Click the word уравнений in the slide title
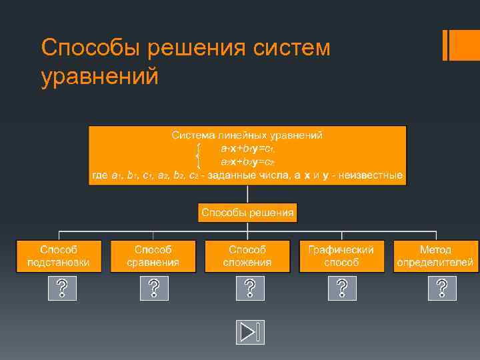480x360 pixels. click(x=100, y=77)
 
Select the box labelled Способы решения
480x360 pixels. click(x=247, y=213)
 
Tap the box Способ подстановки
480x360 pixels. click(x=59, y=255)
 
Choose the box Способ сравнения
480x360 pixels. click(x=153, y=255)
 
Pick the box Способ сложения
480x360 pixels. click(x=247, y=255)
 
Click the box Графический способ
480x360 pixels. click(x=341, y=255)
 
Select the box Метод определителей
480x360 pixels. click(x=436, y=255)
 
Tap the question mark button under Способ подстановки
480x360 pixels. click(x=62, y=288)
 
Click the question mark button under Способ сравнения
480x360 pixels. click(x=154, y=288)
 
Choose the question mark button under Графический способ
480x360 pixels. click(x=342, y=288)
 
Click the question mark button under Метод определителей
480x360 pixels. click(x=442, y=288)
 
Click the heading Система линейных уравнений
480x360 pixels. click(x=247, y=135)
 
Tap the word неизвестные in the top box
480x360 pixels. click(x=371, y=176)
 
